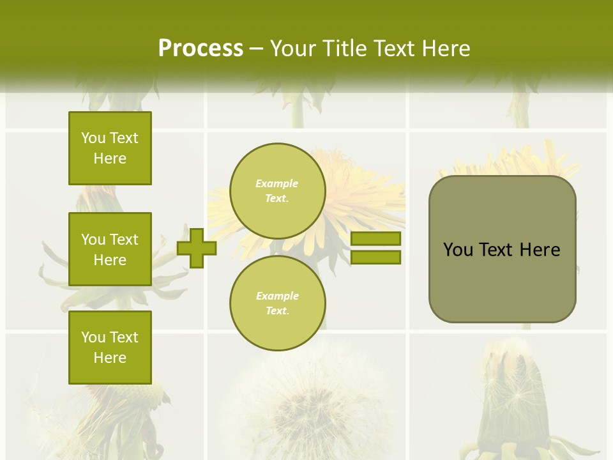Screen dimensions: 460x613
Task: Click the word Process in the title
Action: click(x=201, y=49)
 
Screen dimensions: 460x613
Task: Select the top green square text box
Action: click(x=110, y=148)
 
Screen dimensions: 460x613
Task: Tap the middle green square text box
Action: click(x=110, y=249)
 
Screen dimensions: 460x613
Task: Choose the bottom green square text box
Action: click(x=110, y=347)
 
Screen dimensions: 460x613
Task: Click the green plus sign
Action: click(x=197, y=247)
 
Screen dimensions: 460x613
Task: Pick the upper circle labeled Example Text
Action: click(x=277, y=190)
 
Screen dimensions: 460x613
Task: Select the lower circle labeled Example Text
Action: click(x=277, y=303)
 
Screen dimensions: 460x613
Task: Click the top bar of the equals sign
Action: click(x=375, y=238)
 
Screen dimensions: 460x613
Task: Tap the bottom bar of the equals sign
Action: click(x=375, y=257)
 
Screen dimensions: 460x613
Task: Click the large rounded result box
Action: click(x=502, y=249)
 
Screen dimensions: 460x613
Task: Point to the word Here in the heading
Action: click(x=445, y=49)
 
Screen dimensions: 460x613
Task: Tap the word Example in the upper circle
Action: click(x=276, y=183)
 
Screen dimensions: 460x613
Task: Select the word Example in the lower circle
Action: click(x=277, y=296)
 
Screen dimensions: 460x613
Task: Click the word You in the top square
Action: click(x=93, y=138)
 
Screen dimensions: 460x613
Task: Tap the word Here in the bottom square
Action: click(x=110, y=358)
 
